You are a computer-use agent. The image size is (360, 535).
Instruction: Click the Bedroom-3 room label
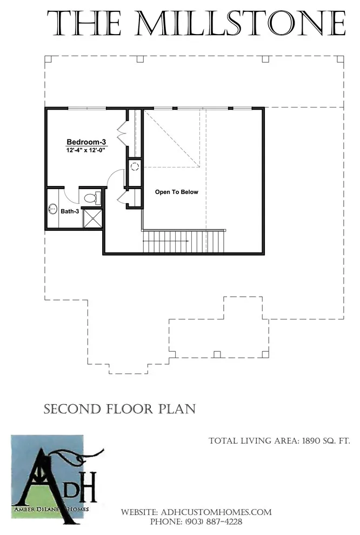pyautogui.click(x=86, y=142)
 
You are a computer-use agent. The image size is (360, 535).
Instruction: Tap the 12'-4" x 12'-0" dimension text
pyautogui.click(x=86, y=150)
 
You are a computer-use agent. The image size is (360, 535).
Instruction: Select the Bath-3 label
pyautogui.click(x=70, y=211)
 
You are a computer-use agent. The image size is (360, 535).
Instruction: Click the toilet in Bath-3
pyautogui.click(x=92, y=198)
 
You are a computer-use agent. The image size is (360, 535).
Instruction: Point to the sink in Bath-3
pyautogui.click(x=52, y=209)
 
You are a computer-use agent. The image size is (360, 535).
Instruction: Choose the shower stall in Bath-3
pyautogui.click(x=92, y=218)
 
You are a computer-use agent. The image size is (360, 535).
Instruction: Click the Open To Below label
pyautogui.click(x=176, y=192)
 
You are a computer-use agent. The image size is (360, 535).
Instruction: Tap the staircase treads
pyautogui.click(x=184, y=242)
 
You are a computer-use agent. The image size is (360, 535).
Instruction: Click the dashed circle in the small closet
pyautogui.click(x=135, y=167)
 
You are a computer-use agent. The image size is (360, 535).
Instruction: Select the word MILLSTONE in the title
pyautogui.click(x=241, y=23)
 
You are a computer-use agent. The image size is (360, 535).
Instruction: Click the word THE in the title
pyautogui.click(x=84, y=23)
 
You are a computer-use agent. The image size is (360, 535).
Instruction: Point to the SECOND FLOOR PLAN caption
pyautogui.click(x=120, y=409)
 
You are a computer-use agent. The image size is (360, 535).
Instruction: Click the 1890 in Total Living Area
pyautogui.click(x=314, y=441)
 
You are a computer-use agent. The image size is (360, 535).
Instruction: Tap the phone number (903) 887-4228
pyautogui.click(x=214, y=521)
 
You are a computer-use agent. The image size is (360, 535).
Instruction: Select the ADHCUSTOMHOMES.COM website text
pyautogui.click(x=216, y=512)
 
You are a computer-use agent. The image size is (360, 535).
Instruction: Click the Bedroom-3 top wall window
pyautogui.click(x=87, y=109)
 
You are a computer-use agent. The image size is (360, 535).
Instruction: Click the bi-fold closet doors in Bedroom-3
pyautogui.click(x=122, y=133)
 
